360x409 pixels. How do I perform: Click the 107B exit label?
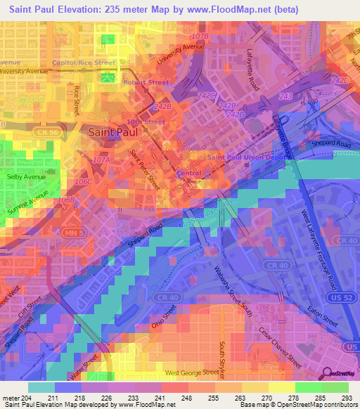(x=200, y=35)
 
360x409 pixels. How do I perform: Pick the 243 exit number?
(x=285, y=96)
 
